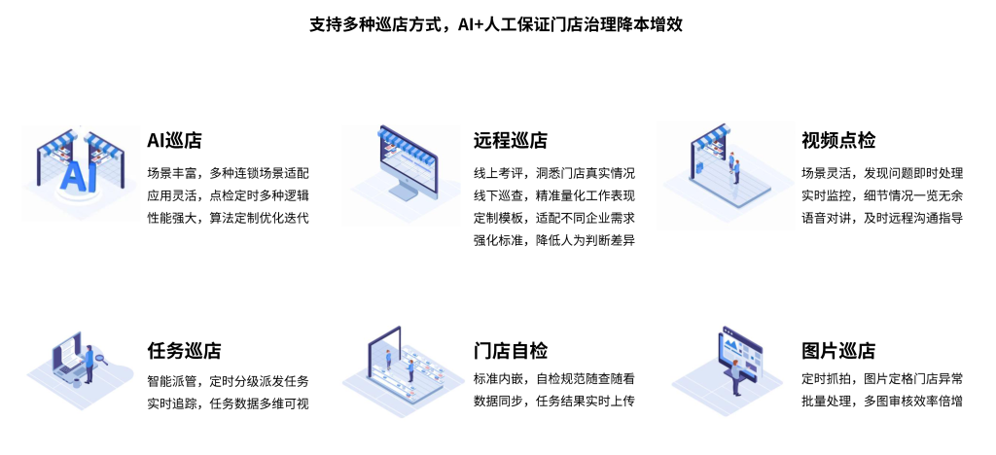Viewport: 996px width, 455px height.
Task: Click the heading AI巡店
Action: pos(174,141)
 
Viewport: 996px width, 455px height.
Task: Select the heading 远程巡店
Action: pos(510,141)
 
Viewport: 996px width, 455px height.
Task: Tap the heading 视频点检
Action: pos(837,141)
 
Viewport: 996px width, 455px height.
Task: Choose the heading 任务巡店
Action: pos(184,351)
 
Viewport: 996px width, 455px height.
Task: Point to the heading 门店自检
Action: pos(510,351)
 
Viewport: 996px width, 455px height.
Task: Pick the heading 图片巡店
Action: pos(837,351)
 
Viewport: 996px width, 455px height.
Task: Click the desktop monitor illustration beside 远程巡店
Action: pos(403,171)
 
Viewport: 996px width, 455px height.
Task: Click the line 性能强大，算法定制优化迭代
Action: pos(228,217)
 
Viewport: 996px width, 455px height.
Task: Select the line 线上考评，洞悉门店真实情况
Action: pos(554,173)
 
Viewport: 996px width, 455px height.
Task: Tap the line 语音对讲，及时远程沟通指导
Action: pos(882,217)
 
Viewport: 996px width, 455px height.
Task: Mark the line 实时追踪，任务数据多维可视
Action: pos(228,402)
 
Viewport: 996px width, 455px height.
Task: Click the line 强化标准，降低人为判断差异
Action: pos(554,240)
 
